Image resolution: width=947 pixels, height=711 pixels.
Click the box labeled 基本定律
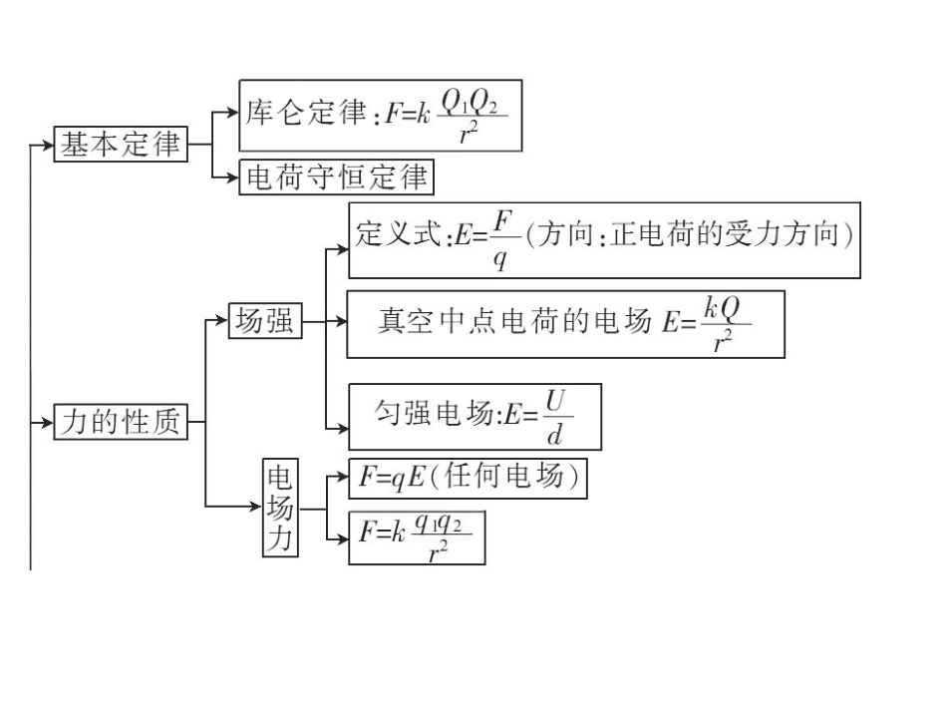tap(120, 144)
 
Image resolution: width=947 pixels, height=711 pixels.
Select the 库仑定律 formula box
tap(381, 117)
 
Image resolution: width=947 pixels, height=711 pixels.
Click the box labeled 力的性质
tap(120, 423)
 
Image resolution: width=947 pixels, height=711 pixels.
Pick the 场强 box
tap(264, 321)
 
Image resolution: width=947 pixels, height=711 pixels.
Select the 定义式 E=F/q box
tap(604, 240)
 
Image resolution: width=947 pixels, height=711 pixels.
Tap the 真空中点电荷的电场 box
tap(565, 323)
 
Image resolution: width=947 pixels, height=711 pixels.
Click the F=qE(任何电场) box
tap(468, 479)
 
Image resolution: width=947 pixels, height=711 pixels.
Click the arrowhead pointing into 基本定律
tap(46, 144)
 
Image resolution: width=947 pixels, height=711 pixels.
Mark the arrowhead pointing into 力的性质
tap(46, 423)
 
